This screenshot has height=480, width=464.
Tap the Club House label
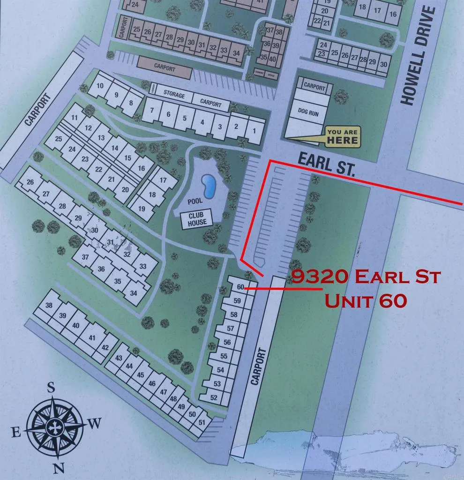coord(197,219)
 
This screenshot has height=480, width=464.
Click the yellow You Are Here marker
coord(342,136)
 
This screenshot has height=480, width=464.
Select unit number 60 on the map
coord(239,287)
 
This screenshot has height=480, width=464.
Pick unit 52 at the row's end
coord(214,398)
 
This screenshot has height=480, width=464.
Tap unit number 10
coord(99,86)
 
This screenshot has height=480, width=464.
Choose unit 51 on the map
coord(202,422)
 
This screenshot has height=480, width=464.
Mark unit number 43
coord(119,358)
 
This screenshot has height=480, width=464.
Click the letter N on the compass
coord(58,468)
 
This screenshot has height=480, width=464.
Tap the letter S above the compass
coord(51,387)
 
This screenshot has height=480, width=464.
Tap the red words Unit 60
coord(365,300)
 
